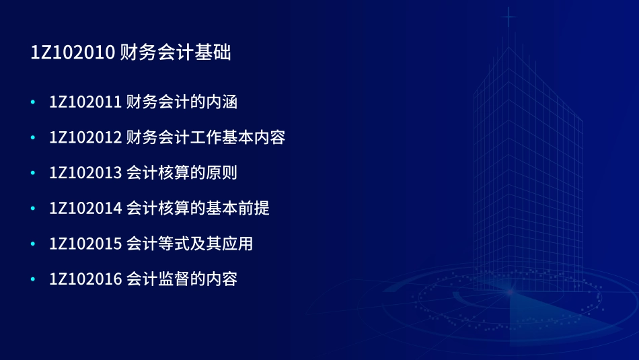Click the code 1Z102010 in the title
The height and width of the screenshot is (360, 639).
tap(73, 53)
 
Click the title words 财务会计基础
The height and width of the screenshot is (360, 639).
tap(176, 53)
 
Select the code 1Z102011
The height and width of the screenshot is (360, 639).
tap(85, 102)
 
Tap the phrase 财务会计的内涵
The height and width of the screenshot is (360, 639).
tap(182, 102)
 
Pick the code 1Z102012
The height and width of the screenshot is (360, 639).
tap(85, 137)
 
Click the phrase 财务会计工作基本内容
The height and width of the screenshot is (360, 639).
tap(206, 137)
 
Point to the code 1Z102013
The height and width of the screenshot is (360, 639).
tap(85, 173)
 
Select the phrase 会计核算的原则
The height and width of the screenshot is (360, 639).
tap(182, 173)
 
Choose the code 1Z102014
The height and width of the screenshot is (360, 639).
tap(85, 208)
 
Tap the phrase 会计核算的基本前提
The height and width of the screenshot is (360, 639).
tap(198, 208)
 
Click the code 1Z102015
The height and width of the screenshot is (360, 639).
tap(85, 244)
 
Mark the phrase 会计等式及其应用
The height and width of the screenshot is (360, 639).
tap(190, 244)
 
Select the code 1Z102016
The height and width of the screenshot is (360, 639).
tap(85, 279)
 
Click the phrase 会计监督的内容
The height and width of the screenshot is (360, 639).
tap(182, 279)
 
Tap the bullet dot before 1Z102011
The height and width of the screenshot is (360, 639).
tap(33, 102)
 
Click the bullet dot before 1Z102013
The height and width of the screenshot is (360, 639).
tap(33, 173)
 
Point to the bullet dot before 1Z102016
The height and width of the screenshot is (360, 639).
tap(33, 279)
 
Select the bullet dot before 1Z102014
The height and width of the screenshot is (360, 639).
tap(33, 208)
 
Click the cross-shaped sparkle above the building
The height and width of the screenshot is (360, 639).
tap(509, 17)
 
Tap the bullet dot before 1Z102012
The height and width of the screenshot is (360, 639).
tap(33, 137)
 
